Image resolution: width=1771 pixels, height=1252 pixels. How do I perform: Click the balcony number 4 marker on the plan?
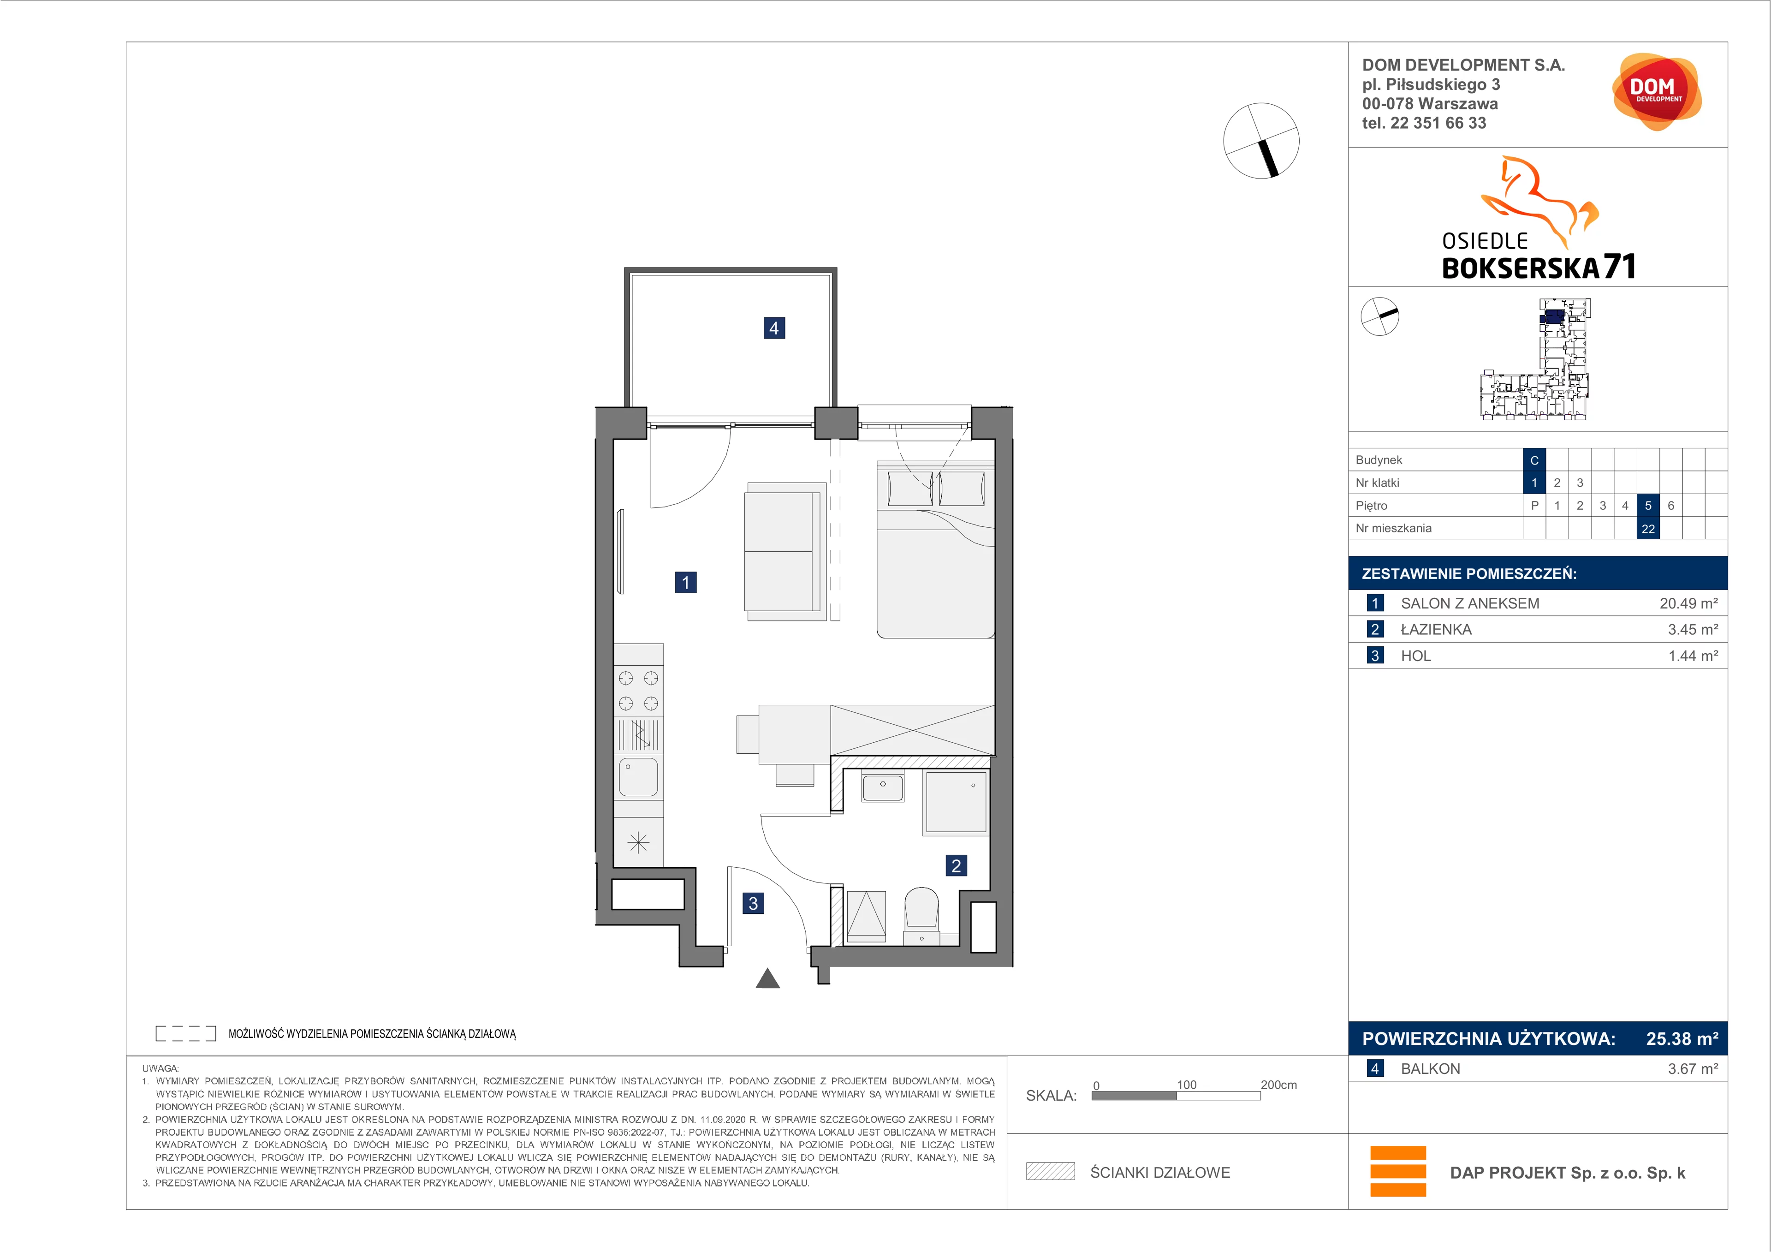pos(773,328)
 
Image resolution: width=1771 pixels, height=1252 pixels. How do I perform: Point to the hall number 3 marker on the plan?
pos(753,902)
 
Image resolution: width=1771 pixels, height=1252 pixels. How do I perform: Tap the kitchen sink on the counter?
pos(638,777)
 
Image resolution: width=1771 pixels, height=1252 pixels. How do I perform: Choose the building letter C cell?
pos(1534,460)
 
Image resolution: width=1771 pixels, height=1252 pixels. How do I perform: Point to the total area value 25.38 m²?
pos(1682,1038)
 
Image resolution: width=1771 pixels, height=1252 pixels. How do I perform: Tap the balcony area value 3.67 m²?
pos(1693,1068)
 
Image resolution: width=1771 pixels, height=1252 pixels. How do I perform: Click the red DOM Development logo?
pos(1656,92)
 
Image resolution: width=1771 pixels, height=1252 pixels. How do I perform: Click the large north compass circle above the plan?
pos(1261,140)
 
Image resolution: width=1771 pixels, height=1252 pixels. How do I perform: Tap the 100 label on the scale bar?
pos(1186,1085)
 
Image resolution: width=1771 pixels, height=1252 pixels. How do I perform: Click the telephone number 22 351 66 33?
pos(1438,123)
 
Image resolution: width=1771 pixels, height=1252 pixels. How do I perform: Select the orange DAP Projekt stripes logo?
pos(1398,1171)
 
